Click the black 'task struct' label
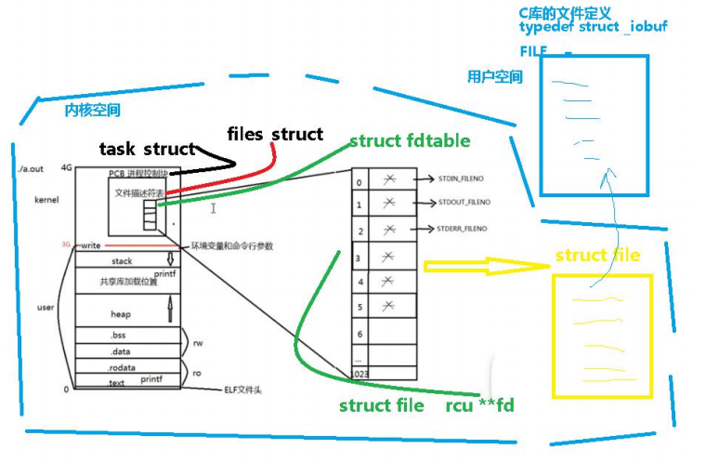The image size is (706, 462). pyautogui.click(x=148, y=149)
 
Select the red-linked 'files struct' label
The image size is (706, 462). pyautogui.click(x=275, y=135)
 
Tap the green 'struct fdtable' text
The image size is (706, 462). pyautogui.click(x=410, y=141)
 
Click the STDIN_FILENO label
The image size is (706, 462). pyautogui.click(x=464, y=178)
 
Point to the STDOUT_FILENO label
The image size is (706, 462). pyautogui.click(x=465, y=203)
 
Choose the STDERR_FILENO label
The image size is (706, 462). pyautogui.click(x=464, y=228)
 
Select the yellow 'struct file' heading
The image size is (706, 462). pyautogui.click(x=597, y=256)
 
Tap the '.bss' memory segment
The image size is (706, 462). pyautogui.click(x=119, y=335)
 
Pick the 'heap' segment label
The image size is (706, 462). pyautogui.click(x=121, y=314)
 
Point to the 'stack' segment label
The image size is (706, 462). pyautogui.click(x=122, y=261)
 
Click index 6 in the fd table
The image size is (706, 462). pyautogui.click(x=360, y=332)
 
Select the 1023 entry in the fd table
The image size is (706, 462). pyautogui.click(x=360, y=373)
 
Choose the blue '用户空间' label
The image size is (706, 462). pyautogui.click(x=495, y=78)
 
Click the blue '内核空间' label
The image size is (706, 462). pyautogui.click(x=92, y=111)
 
